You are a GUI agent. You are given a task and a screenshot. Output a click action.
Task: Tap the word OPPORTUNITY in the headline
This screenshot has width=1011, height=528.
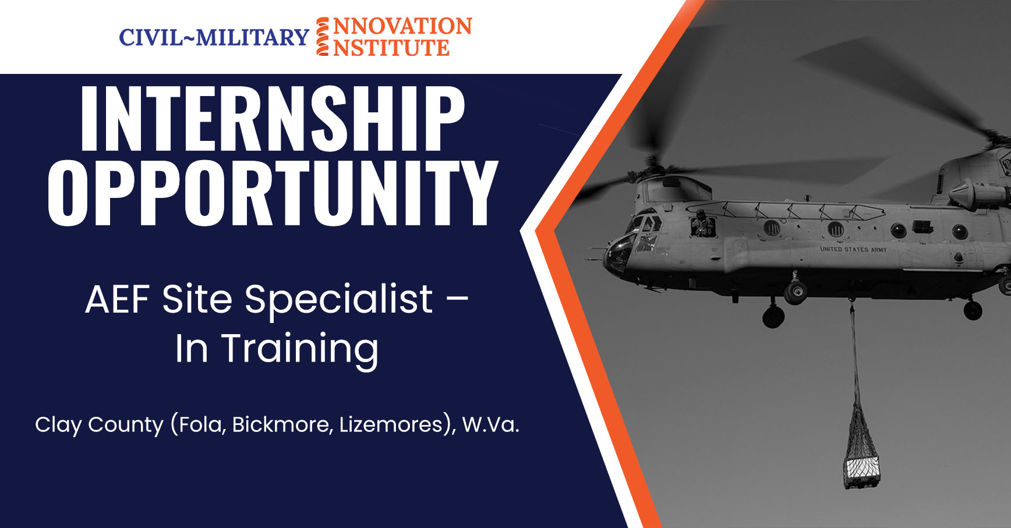click(273, 193)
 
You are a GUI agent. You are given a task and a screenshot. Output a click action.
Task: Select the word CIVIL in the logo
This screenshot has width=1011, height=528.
click(151, 38)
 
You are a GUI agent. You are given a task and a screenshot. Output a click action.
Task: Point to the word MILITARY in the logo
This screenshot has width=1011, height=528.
click(252, 38)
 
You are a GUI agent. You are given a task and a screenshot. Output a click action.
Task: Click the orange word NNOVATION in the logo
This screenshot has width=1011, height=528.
click(402, 27)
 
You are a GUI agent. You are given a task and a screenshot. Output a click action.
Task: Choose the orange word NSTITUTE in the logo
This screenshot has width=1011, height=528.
click(391, 48)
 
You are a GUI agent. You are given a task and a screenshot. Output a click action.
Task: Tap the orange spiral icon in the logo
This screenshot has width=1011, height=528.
click(323, 37)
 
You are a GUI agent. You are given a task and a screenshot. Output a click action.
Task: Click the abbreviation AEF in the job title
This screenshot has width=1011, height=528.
click(118, 300)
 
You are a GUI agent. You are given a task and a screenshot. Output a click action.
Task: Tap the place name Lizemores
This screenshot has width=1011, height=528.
click(391, 424)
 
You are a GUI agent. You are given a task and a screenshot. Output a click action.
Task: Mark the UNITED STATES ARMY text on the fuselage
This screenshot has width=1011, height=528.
click(853, 249)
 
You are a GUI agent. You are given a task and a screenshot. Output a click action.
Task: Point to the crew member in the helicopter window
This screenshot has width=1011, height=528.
click(702, 224)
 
